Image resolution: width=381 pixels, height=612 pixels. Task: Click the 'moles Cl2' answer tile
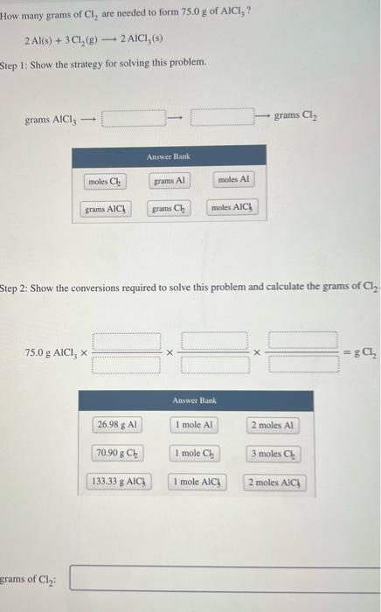coord(106,181)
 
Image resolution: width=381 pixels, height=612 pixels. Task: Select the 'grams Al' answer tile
coord(169,181)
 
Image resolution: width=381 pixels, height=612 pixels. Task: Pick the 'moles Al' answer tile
coord(232,180)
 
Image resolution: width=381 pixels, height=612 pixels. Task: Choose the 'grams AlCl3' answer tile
coord(106,209)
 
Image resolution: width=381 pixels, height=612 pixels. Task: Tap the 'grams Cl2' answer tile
coord(168,209)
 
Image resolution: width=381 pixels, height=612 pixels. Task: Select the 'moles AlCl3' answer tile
coord(232,208)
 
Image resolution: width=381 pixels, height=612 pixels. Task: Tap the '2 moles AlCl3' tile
coord(274,482)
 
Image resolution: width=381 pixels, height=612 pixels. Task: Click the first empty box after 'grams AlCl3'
coord(134,117)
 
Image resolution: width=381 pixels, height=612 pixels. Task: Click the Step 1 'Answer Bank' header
coord(169,156)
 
